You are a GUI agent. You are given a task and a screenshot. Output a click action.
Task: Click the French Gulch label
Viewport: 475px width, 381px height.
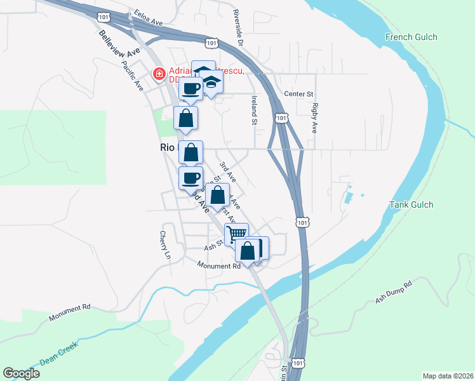(411, 37)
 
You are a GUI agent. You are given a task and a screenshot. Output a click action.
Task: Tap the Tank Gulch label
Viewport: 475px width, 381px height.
(411, 204)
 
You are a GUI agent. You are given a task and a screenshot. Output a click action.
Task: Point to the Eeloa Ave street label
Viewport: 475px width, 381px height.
(149, 17)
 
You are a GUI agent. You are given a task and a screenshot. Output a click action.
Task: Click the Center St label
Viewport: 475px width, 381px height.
(299, 95)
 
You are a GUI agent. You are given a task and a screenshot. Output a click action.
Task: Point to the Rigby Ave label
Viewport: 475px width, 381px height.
(314, 119)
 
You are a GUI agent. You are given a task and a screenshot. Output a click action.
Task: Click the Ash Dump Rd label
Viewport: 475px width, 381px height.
(394, 293)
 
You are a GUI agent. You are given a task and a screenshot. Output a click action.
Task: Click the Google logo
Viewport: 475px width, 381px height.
(21, 373)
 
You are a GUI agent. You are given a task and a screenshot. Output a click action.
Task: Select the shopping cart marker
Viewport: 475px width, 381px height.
(236, 234)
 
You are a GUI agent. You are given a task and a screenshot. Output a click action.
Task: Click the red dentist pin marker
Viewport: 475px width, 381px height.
(158, 75)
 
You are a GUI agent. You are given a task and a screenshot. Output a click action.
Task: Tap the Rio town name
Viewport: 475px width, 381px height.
(166, 147)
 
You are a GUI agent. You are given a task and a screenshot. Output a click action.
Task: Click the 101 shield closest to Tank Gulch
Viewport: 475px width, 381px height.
(302, 222)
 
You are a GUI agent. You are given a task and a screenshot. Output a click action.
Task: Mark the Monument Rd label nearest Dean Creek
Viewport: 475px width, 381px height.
(70, 308)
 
